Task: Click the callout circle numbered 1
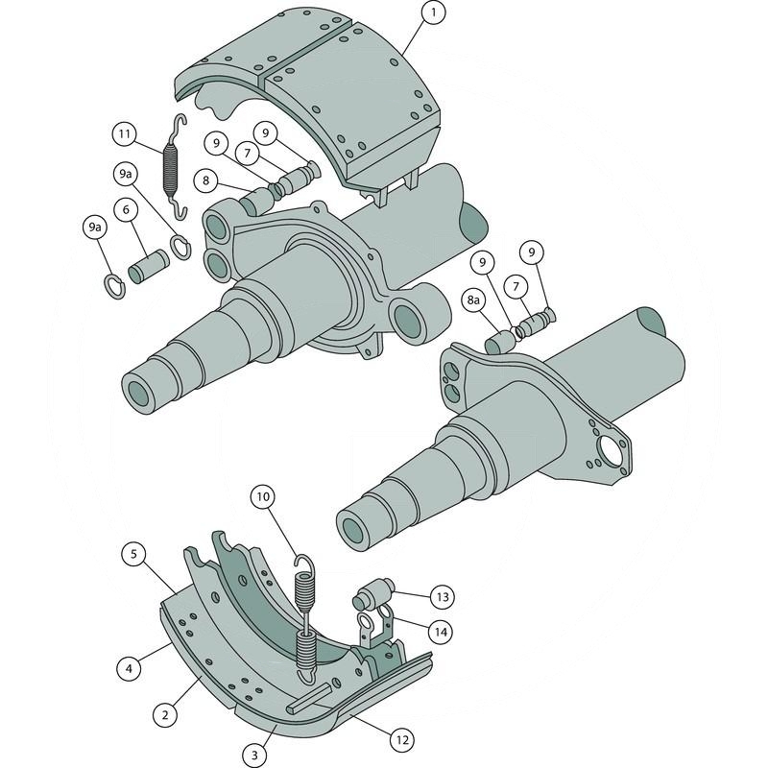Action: pos(433,12)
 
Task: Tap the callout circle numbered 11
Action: pos(125,133)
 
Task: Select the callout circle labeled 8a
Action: pos(473,300)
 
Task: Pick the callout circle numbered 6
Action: pos(127,209)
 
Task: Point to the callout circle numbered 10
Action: pos(263,497)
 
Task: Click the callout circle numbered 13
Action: pos(443,597)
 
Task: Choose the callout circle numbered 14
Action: pos(441,633)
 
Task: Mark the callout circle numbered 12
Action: pos(402,739)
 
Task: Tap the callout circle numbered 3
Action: pos(254,756)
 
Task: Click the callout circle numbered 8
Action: pos(205,180)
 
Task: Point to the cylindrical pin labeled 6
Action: pos(149,267)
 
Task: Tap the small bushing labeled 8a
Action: pos(499,342)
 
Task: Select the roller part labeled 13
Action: pos(373,593)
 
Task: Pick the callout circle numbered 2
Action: pos(165,714)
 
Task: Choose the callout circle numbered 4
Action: pos(130,668)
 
